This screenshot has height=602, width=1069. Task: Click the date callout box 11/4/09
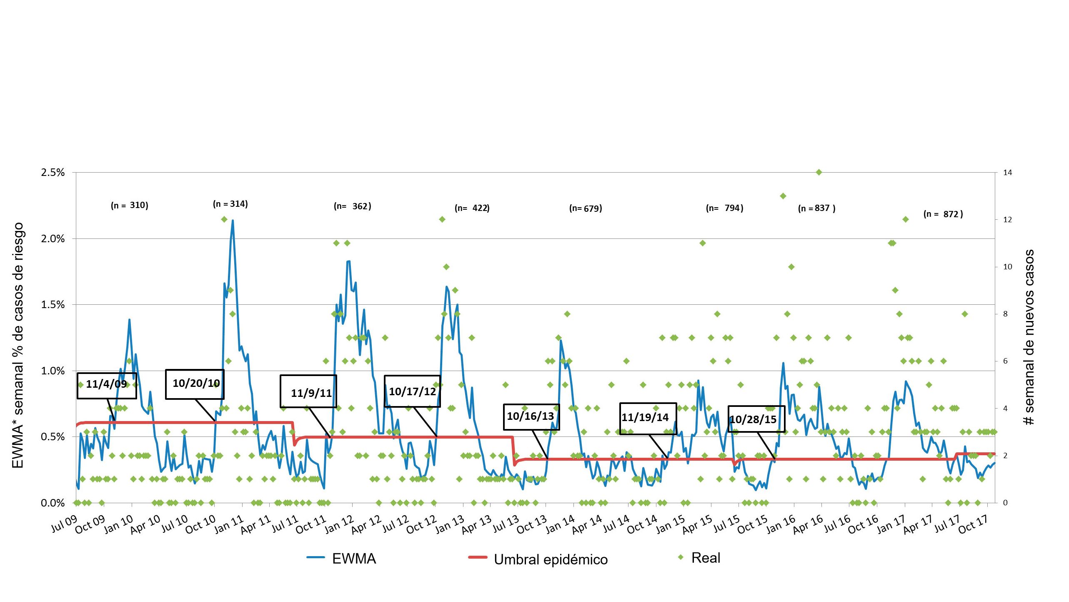coord(107,385)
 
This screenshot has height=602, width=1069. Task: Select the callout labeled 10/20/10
coord(195,384)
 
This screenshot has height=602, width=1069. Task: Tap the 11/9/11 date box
coord(308,391)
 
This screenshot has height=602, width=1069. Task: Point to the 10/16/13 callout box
coord(531,416)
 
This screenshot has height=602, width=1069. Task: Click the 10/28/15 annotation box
coord(756,419)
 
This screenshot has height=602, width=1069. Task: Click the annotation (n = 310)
coord(129,205)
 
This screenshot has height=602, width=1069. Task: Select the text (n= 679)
coord(586,208)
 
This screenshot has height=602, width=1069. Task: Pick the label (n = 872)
coord(943,214)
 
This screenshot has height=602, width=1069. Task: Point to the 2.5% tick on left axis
coord(53,173)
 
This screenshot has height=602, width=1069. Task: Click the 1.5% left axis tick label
coord(53,305)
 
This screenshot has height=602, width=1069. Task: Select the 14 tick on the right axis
coord(1007,173)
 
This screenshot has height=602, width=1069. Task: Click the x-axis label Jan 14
coord(561,524)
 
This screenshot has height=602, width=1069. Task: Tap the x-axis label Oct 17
coord(974,524)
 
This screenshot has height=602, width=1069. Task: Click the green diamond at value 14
coord(819,172)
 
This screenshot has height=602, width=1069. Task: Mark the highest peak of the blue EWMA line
coord(232,221)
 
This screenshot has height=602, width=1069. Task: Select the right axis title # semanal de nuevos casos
coord(1029,337)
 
